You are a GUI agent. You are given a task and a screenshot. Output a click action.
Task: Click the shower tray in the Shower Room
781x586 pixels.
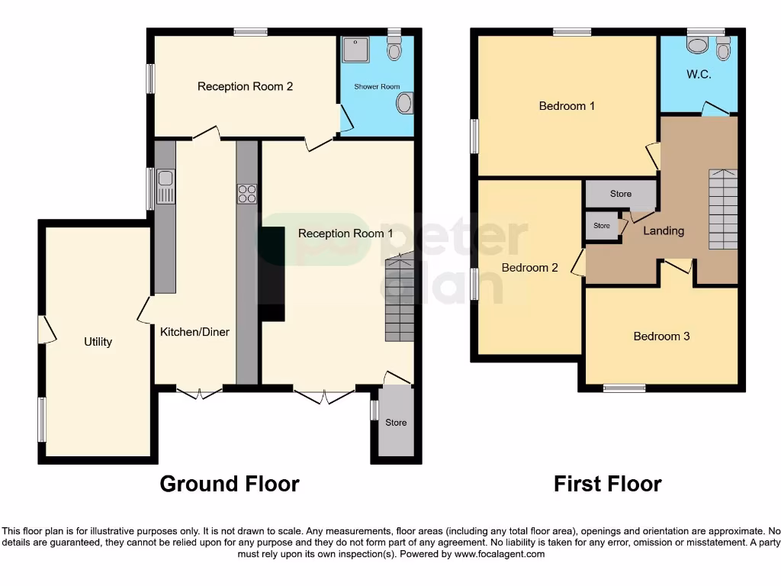(x=353, y=50)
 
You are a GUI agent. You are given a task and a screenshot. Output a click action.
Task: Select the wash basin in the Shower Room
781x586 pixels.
(x=405, y=103)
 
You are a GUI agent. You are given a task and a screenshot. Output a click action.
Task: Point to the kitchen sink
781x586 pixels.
(x=166, y=188)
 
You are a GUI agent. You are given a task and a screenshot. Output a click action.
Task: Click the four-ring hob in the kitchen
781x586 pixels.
(x=246, y=194)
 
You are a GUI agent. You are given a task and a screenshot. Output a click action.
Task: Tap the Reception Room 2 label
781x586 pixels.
(x=245, y=86)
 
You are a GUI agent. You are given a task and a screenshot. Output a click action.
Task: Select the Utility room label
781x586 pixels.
(x=98, y=342)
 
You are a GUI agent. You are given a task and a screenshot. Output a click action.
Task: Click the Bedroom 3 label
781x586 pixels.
(x=661, y=336)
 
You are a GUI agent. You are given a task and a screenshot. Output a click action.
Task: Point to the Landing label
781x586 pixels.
(x=664, y=230)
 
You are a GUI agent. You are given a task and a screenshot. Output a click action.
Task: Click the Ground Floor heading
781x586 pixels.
(x=229, y=484)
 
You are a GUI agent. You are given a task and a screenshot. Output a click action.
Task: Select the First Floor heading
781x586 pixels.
(x=607, y=484)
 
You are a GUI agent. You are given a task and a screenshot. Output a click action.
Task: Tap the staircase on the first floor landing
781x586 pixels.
(x=724, y=209)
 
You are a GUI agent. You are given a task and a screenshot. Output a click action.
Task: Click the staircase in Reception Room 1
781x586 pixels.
(x=399, y=299)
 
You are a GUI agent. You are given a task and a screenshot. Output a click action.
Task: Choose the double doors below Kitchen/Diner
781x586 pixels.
(x=200, y=394)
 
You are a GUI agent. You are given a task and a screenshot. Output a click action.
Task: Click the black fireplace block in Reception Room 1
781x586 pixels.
(x=271, y=271)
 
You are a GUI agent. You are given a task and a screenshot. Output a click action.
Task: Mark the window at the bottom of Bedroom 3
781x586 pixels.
(x=624, y=388)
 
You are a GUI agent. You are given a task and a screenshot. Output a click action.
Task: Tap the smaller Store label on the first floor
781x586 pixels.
(x=602, y=226)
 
